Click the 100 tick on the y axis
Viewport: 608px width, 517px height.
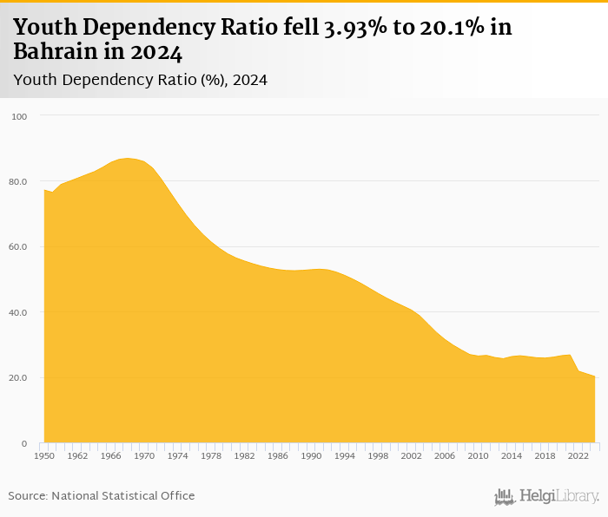click(20, 116)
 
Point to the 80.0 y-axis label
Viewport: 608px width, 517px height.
click(18, 181)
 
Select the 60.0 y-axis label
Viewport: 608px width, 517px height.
click(18, 247)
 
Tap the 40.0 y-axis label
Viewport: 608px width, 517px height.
click(18, 312)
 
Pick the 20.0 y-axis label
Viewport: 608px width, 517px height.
click(18, 378)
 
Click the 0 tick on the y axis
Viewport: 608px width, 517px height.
click(24, 444)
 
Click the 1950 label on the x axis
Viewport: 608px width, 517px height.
click(43, 455)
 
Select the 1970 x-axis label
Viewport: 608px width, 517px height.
click(143, 455)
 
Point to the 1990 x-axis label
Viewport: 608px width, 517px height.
click(311, 455)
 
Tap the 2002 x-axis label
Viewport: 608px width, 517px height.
click(412, 455)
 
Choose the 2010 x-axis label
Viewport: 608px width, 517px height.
click(479, 455)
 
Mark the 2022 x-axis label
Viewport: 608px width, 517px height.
click(578, 455)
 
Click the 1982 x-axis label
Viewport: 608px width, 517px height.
click(244, 455)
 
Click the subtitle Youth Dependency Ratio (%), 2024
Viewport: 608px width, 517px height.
click(140, 80)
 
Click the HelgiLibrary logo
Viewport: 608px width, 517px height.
click(547, 496)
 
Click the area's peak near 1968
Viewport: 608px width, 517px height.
click(127, 159)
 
